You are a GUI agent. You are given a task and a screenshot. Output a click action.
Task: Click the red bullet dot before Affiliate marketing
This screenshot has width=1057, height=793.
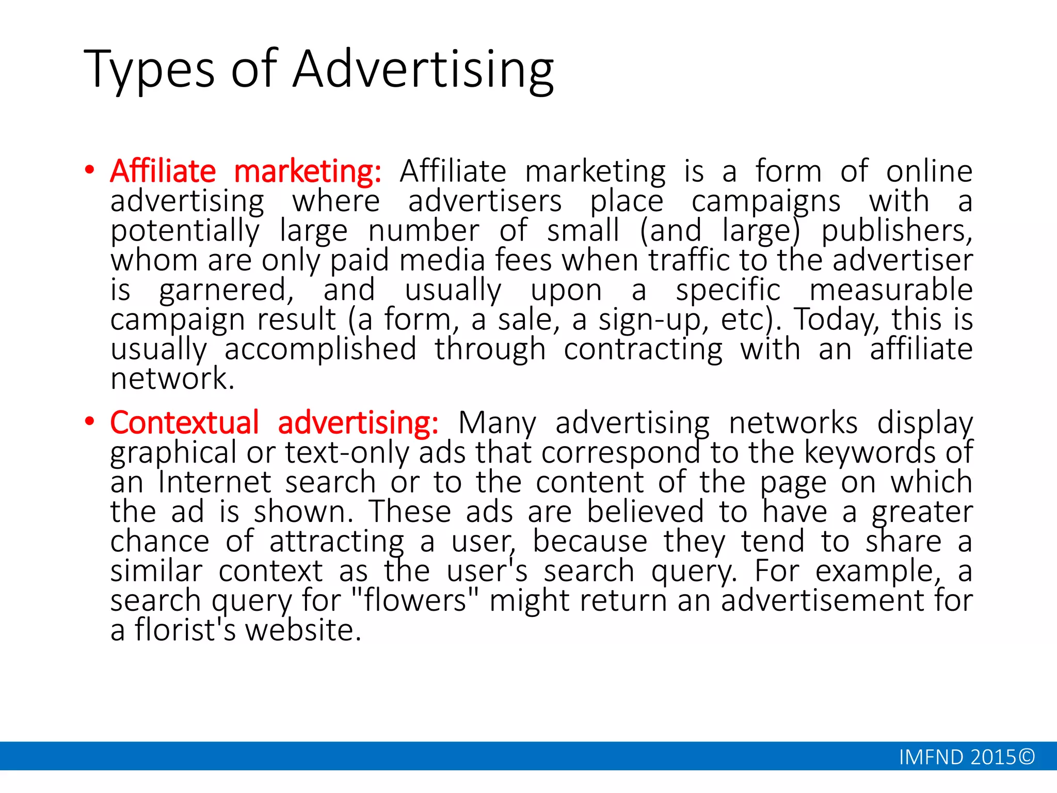pos(90,170)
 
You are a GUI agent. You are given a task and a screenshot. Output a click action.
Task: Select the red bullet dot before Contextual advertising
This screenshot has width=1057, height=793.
pos(90,422)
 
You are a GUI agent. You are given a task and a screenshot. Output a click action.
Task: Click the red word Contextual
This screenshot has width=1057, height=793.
pos(184,423)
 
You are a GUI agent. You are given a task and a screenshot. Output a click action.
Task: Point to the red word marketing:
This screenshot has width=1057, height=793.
pos(308,171)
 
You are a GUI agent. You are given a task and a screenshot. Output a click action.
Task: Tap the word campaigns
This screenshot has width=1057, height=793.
pos(766,202)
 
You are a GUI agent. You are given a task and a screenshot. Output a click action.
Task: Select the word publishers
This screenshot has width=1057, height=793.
pos(896,231)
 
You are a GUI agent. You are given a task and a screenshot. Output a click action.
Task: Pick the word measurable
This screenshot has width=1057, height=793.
pos(891,290)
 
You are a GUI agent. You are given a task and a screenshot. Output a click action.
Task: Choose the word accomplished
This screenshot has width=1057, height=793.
pos(320,350)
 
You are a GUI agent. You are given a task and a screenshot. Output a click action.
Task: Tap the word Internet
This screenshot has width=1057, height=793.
pos(215,482)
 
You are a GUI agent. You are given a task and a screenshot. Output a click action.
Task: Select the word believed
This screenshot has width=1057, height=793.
pos(645,512)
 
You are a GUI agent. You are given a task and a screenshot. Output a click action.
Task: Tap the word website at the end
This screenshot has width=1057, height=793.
pos(303,630)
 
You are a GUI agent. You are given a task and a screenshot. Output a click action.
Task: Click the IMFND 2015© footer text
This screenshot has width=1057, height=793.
pos(967,757)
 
